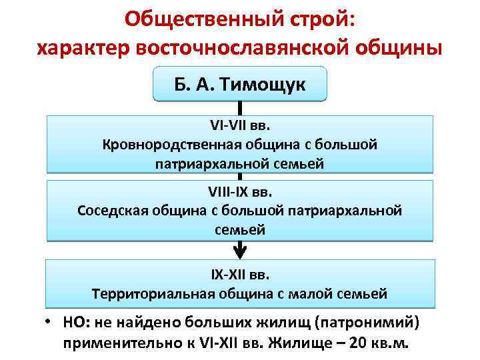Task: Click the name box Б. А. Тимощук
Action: point(239,84)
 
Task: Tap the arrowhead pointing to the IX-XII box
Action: point(239,252)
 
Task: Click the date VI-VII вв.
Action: point(240,125)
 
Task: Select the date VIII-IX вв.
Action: point(240,193)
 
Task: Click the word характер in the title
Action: point(83,48)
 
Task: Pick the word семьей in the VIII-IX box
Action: point(240,230)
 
